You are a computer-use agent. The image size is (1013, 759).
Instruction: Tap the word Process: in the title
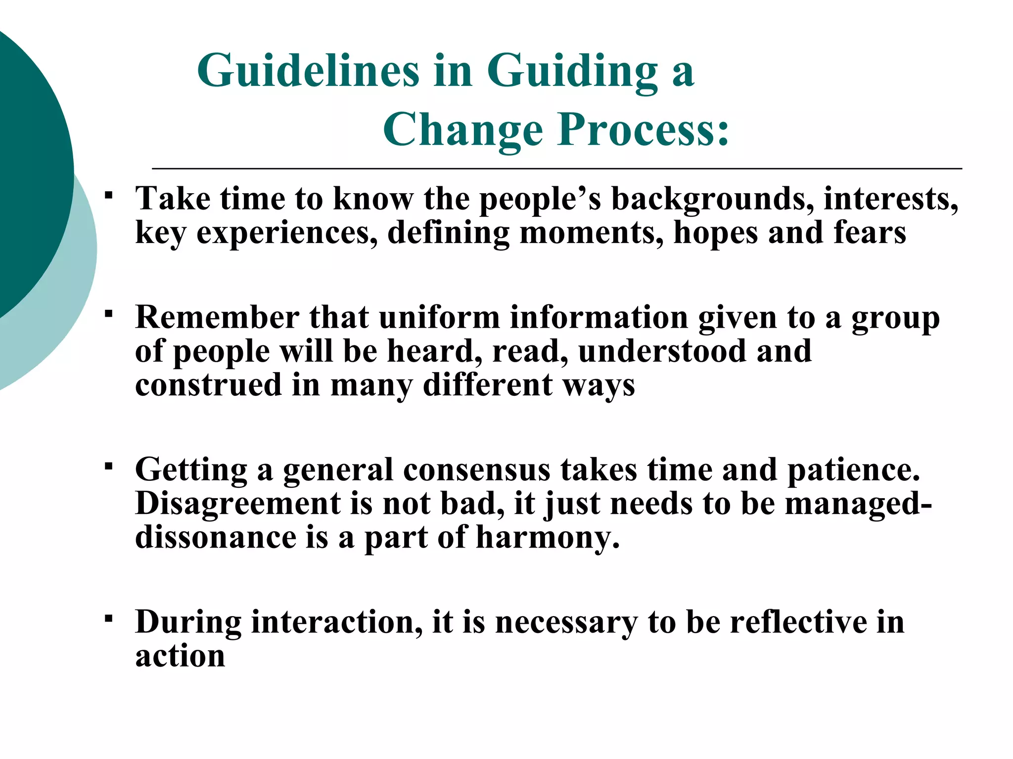[644, 129]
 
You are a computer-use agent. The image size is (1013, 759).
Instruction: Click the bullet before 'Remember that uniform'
[109, 313]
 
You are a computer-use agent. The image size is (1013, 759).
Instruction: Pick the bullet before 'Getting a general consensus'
[109, 465]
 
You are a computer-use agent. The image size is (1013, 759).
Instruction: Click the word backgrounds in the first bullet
[712, 200]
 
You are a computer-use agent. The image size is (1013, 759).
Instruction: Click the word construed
[208, 385]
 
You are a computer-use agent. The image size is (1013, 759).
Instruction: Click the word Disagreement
[238, 504]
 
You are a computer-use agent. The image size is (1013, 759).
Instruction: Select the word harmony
[548, 538]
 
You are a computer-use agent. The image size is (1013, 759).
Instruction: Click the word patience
[853, 469]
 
